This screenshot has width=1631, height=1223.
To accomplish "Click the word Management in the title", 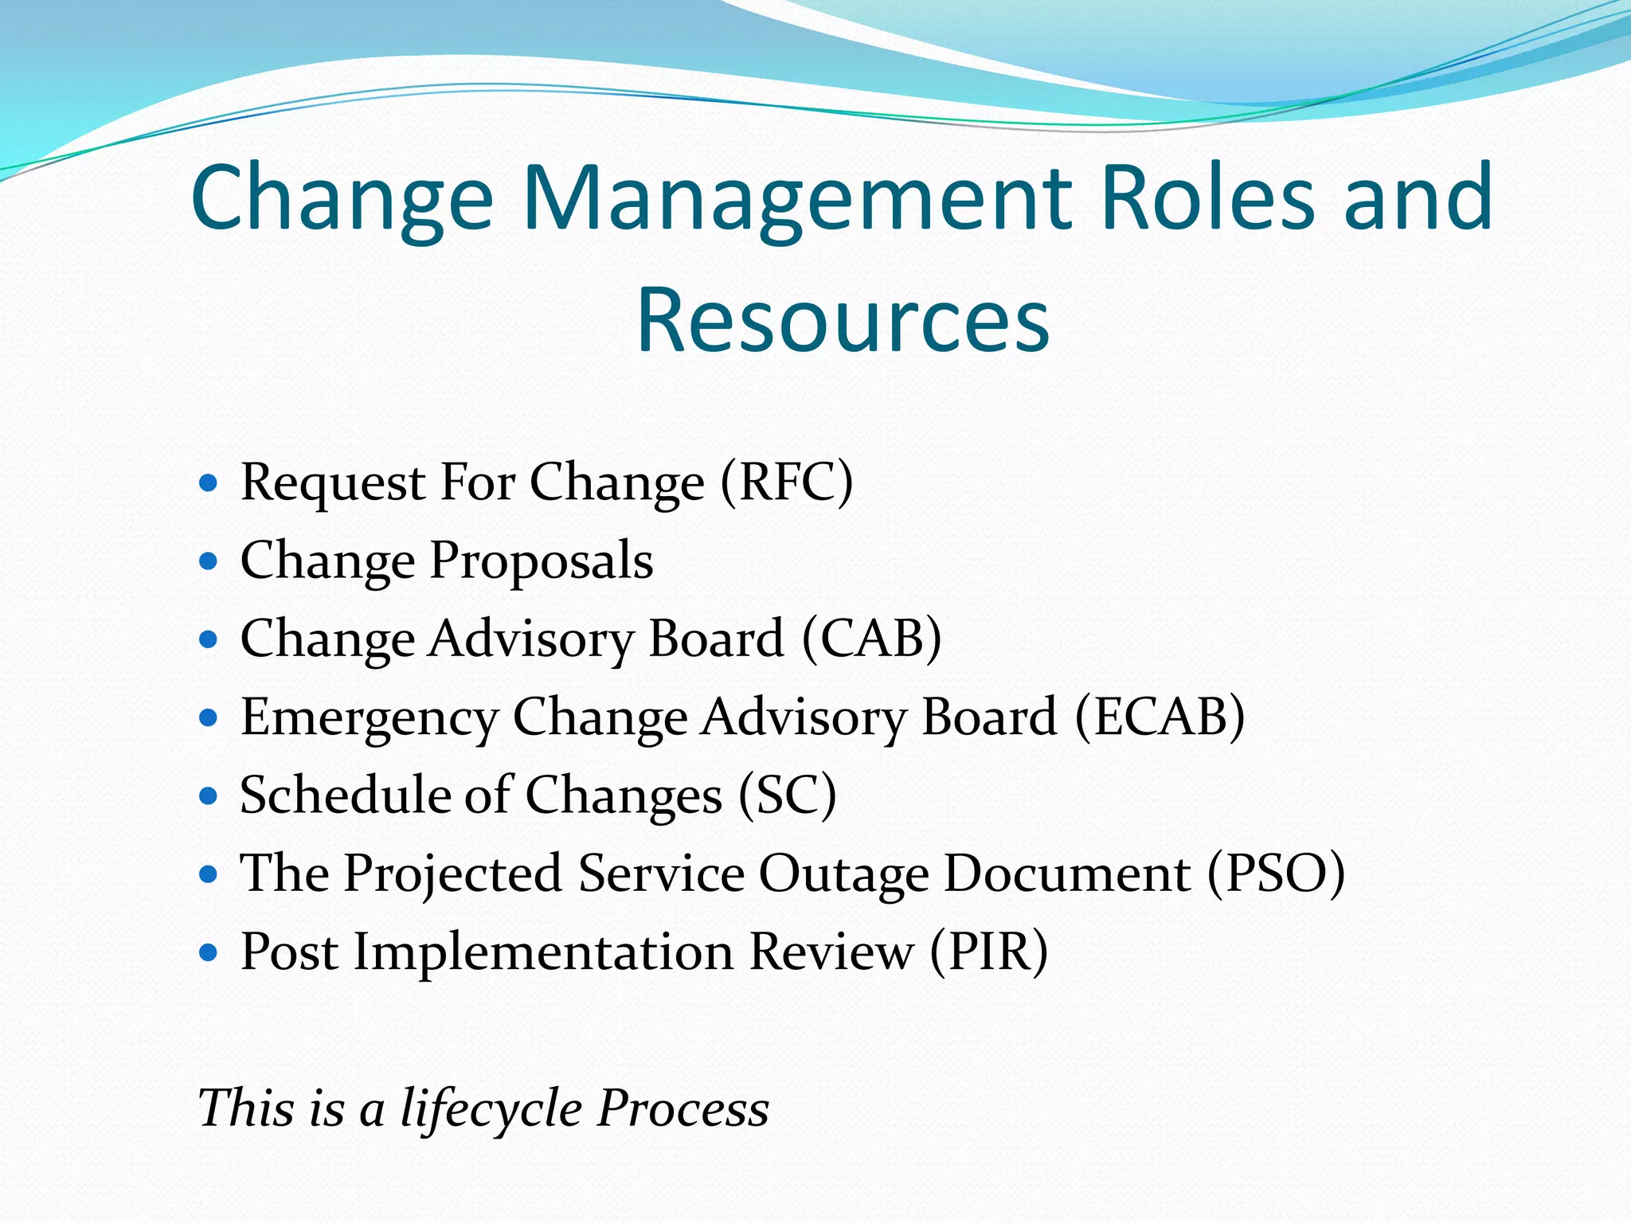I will point(800,199).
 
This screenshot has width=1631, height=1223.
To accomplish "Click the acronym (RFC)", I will point(786,483).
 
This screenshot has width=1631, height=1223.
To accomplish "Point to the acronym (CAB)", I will point(871,639).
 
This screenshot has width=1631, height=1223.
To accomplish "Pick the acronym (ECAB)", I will point(1160,717).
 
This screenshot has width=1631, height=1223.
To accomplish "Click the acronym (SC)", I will point(787,795).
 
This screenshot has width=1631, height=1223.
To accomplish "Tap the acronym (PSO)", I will point(1276,873).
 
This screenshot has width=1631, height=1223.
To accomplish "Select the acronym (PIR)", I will point(988,951).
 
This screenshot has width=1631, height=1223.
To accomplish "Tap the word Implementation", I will point(544,952).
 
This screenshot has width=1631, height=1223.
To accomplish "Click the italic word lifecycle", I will point(491,1108).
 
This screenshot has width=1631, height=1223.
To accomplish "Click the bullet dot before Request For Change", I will point(208,483).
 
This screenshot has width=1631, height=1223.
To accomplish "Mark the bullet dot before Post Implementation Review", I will point(208,951).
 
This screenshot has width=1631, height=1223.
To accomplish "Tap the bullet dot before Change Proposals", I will point(208,561).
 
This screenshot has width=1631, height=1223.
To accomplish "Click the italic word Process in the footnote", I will point(683,1108).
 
